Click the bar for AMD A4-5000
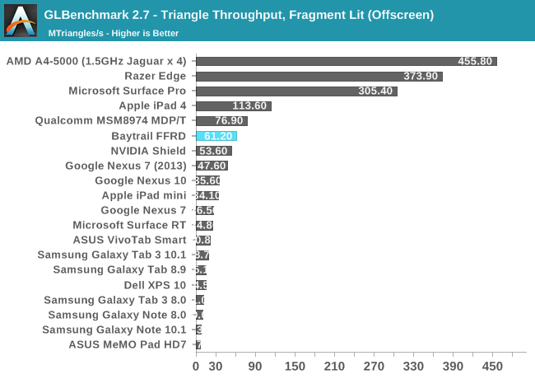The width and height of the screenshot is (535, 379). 346,61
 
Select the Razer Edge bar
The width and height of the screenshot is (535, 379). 319,76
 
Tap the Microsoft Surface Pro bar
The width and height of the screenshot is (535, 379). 296,91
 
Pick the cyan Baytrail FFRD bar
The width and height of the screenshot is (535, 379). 216,136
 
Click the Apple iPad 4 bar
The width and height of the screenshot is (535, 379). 233,106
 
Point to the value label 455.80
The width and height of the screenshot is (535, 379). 475,61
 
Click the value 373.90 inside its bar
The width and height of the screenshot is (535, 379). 421,76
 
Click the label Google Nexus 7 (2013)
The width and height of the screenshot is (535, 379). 126,166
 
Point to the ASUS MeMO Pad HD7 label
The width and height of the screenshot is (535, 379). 128,344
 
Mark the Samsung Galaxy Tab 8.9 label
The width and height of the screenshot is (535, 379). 120,269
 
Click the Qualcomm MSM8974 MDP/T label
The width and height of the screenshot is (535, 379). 111,121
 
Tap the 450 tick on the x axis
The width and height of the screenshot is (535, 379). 492,366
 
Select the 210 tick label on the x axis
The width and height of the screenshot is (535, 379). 334,366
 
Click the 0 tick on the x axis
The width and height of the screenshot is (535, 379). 196,366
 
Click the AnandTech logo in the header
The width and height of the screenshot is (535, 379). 21,21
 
